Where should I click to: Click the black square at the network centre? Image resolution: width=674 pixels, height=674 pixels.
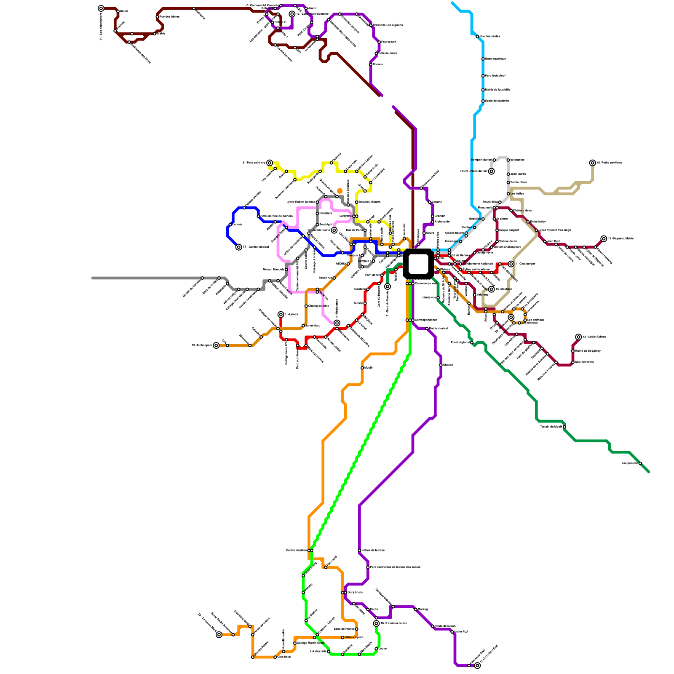pos(418,264)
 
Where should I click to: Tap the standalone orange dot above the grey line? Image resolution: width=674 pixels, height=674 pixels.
pos(340,191)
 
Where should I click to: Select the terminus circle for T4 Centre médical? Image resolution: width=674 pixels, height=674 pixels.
pos(239,247)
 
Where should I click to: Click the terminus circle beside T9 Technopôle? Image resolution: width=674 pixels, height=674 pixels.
pos(217,345)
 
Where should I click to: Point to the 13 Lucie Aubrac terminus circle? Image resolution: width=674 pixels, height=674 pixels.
pos(579,337)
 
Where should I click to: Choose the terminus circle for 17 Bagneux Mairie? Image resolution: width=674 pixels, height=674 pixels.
pos(604,239)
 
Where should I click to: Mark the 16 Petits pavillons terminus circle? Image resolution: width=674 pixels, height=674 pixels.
pos(593,163)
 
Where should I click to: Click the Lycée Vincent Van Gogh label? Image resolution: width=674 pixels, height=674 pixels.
pos(555,230)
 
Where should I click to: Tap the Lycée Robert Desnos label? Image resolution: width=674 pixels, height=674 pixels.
pos(301,202)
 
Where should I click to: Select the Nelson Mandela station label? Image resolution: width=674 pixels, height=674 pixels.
pos(273,269)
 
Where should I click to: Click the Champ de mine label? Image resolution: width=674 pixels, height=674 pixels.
pos(318,306)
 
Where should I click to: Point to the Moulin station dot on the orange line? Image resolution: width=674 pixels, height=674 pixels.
pos(362,368)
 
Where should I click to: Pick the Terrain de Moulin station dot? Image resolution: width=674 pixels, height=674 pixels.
pos(564,427)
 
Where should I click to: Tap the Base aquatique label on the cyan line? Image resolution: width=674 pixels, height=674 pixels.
pos(495,59)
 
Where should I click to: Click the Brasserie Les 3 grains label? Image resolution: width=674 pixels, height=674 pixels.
pos(388,25)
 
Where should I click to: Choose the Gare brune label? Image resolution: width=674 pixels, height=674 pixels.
pos(355,592)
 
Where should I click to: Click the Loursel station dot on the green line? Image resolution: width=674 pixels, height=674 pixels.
pos(376,649)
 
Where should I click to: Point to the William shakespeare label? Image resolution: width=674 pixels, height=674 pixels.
pos(507,247)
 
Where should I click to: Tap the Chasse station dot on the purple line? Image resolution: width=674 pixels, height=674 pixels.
pos(441,365)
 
